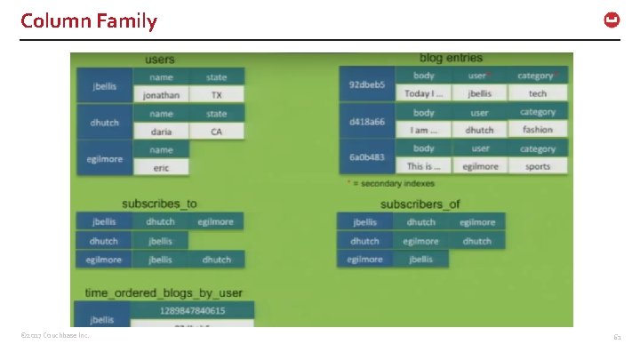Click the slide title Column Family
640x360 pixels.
(89, 20)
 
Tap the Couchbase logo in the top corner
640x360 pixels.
(612, 20)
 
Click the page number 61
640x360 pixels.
(617, 337)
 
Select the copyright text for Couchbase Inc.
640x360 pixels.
(55, 336)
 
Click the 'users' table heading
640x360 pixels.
(160, 60)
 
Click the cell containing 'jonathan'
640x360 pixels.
(161, 95)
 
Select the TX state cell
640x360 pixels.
(216, 95)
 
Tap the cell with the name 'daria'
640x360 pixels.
(161, 132)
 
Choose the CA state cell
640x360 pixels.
(216, 132)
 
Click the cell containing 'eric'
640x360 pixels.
(161, 167)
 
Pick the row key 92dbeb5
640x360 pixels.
(366, 84)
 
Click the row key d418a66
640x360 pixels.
(366, 122)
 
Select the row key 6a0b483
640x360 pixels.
(366, 157)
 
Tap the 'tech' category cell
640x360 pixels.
(538, 93)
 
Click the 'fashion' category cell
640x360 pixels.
(538, 130)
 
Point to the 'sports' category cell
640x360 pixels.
(538, 166)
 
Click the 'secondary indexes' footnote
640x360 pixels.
(392, 184)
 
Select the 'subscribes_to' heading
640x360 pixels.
(159, 204)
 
